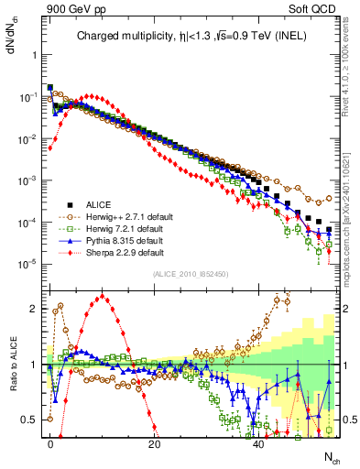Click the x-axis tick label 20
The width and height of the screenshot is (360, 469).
click(x=155, y=442)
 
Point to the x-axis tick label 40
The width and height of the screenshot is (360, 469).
click(x=259, y=442)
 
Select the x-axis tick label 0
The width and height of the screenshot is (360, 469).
click(x=50, y=442)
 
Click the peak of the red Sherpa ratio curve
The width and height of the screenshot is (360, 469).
click(x=102, y=296)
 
